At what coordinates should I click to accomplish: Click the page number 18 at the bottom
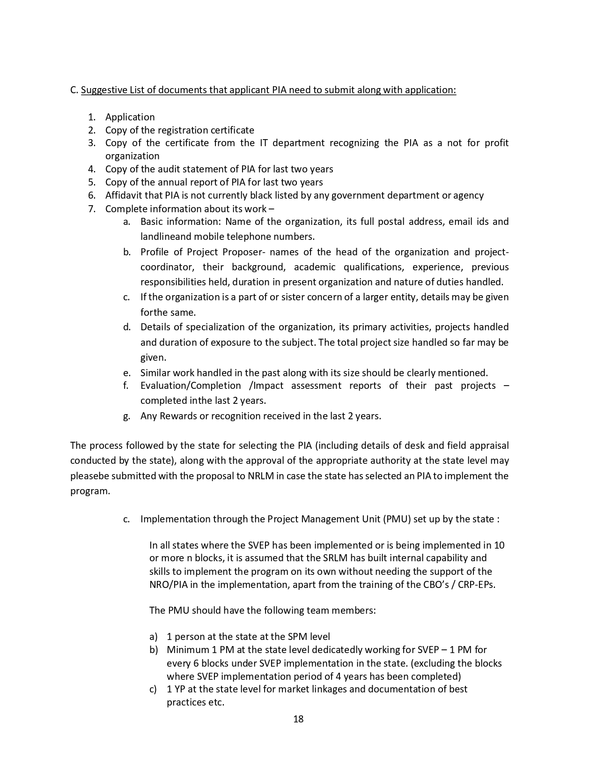click(298, 719)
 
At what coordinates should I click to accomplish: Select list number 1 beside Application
click(91, 117)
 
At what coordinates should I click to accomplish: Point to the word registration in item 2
click(183, 130)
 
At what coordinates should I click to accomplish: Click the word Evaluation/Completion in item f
click(191, 386)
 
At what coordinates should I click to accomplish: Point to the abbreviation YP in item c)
click(181, 689)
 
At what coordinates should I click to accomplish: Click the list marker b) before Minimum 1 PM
click(154, 650)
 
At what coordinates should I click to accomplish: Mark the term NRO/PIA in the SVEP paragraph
click(167, 585)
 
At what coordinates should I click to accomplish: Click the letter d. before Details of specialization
click(127, 327)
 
